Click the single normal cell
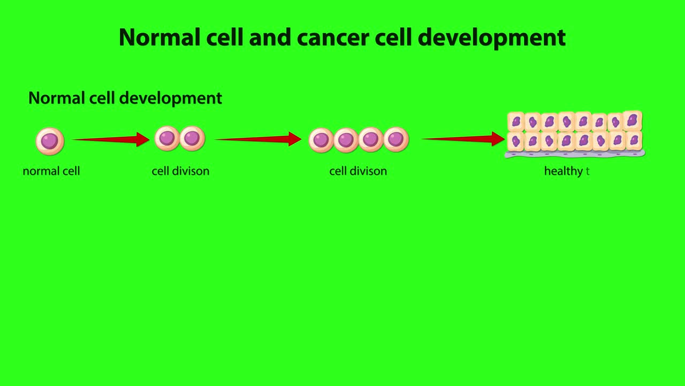click(x=50, y=141)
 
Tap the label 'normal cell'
click(x=51, y=171)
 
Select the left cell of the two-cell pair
click(x=167, y=138)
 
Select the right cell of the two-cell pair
click(x=192, y=138)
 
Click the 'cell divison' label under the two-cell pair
click(x=180, y=171)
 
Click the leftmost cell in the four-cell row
click(x=321, y=140)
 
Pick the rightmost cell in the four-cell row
click(x=396, y=139)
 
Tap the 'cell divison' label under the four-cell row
click(x=358, y=171)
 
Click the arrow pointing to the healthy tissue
click(x=463, y=139)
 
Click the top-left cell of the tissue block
click(x=516, y=122)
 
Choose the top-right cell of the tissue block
click(x=633, y=121)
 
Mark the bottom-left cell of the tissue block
click(x=516, y=142)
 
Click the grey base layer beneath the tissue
click(x=575, y=154)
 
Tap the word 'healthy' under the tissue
click(x=563, y=171)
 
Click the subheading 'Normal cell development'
click(x=125, y=98)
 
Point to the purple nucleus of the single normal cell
click(x=50, y=141)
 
